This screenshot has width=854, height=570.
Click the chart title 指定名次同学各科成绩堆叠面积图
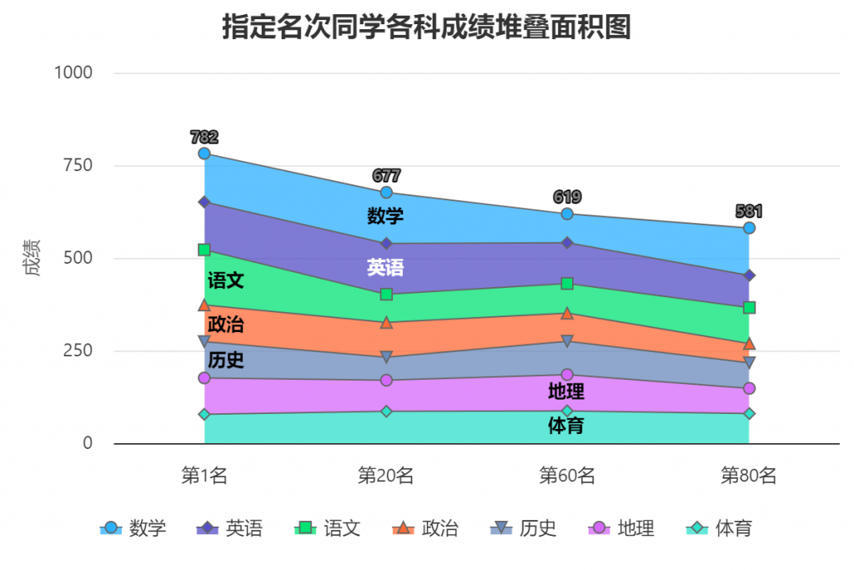(x=426, y=27)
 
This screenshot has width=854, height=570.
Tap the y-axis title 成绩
(x=32, y=258)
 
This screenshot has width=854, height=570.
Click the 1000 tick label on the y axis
(x=73, y=73)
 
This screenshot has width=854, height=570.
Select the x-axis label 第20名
(x=385, y=476)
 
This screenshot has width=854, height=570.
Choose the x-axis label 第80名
(x=748, y=476)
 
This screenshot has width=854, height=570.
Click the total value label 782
(x=204, y=137)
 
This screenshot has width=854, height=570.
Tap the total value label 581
(x=749, y=211)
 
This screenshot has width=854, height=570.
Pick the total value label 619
(x=567, y=197)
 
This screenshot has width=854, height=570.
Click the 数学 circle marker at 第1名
(x=204, y=154)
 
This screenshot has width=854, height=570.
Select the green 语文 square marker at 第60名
(x=567, y=284)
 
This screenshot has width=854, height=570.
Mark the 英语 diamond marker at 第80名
(x=749, y=275)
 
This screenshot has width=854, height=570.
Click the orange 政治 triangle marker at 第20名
(x=386, y=323)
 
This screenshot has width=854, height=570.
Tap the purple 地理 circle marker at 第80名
(x=749, y=388)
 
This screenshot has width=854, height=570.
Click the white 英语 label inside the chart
(x=385, y=267)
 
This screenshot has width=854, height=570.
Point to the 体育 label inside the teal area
(x=565, y=426)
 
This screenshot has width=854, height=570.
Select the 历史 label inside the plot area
(x=225, y=361)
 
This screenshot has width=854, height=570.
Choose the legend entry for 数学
(x=133, y=528)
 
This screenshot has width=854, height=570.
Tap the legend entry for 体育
(x=721, y=528)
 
